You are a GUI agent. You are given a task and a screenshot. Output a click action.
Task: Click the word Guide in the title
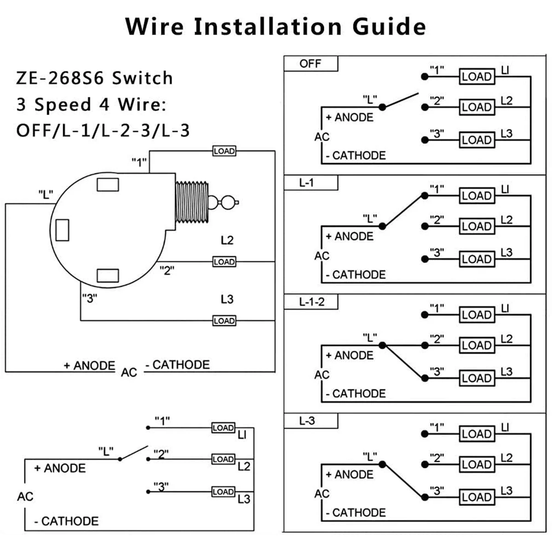point(389,26)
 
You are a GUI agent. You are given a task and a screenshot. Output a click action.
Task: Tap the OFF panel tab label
point(310,63)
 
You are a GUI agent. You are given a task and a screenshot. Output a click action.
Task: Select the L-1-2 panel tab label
point(311,302)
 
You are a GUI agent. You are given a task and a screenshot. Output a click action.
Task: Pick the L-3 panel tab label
point(307,421)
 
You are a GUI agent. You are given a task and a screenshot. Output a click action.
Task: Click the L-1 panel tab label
point(306,183)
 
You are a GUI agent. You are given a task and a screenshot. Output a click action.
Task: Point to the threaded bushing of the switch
point(192,203)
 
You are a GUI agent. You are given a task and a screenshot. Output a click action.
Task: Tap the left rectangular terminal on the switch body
point(62,230)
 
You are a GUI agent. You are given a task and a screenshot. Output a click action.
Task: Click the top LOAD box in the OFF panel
point(477,77)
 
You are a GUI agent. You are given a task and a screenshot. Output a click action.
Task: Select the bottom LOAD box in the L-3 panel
point(477,497)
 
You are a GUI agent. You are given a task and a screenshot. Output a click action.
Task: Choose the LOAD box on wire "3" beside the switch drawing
point(224,321)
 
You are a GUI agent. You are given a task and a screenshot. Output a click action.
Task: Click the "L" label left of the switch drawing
point(46,195)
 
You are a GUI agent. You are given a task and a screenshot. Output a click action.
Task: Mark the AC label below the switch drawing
point(129,372)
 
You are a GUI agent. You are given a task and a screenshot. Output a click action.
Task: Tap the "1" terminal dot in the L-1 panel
point(425,196)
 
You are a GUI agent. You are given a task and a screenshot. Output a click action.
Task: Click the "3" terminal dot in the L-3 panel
point(425,497)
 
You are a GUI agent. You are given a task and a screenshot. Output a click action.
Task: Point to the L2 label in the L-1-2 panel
point(506,339)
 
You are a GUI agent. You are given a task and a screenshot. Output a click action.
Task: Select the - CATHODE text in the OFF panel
point(356,155)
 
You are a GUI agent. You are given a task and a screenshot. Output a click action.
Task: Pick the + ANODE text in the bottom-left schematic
point(60,468)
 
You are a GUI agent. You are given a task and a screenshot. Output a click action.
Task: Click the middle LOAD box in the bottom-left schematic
point(223,459)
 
